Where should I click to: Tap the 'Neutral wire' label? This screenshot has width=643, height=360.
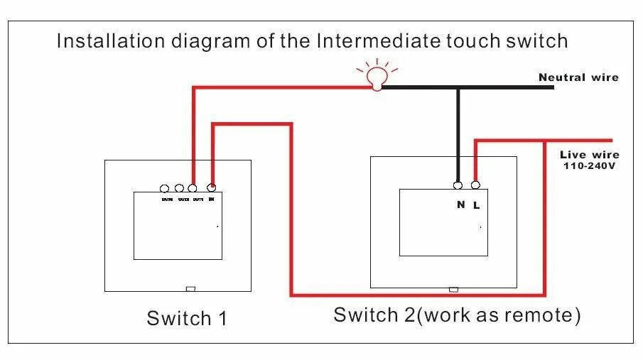click(578, 77)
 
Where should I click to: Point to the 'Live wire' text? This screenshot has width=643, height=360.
click(589, 154)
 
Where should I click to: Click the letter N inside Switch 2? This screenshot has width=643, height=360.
click(460, 205)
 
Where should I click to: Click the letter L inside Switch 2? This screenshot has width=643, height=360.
click(477, 205)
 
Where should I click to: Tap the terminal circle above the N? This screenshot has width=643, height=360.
click(459, 185)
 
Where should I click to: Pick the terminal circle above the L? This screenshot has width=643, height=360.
click(475, 185)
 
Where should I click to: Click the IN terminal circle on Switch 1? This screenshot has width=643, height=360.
click(211, 188)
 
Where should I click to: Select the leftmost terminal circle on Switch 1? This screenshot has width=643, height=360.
click(165, 188)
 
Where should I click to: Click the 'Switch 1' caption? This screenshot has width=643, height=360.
click(187, 318)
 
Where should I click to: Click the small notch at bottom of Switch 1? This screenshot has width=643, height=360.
click(190, 288)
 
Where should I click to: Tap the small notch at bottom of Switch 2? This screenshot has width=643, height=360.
click(453, 289)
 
